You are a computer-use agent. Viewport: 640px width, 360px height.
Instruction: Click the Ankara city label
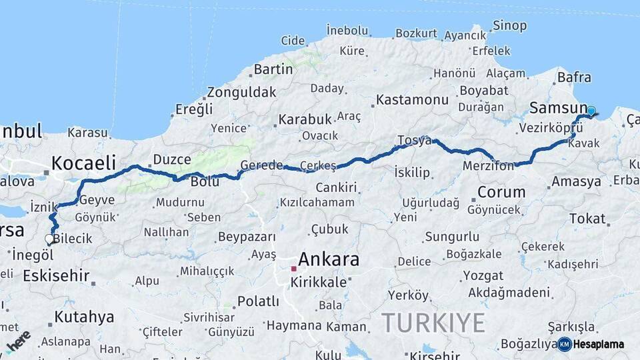click(x=329, y=259)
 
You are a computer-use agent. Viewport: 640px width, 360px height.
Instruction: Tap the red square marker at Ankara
click(x=293, y=269)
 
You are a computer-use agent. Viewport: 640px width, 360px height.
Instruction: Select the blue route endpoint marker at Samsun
click(x=591, y=111)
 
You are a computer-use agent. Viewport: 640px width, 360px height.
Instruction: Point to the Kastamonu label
click(x=412, y=100)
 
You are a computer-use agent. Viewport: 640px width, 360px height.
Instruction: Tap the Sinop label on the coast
click(x=509, y=26)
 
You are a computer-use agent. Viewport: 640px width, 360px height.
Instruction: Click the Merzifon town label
click(x=489, y=166)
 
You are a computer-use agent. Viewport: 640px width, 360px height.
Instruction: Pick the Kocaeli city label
click(x=84, y=163)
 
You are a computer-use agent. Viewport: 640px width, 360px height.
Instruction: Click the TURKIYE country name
click(x=433, y=323)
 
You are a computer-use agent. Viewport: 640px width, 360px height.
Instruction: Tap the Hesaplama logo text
click(x=599, y=344)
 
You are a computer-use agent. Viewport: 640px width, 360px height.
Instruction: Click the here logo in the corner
click(x=17, y=341)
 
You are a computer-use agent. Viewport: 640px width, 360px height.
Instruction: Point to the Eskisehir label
click(x=56, y=275)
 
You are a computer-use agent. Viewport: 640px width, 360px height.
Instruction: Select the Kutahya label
click(x=84, y=317)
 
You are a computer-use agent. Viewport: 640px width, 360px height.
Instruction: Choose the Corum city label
click(x=501, y=193)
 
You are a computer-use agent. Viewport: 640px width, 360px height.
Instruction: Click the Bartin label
click(x=273, y=69)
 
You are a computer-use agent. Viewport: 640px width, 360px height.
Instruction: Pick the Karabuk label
click(x=305, y=119)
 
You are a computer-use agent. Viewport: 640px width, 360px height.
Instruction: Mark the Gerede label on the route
click(x=258, y=165)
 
